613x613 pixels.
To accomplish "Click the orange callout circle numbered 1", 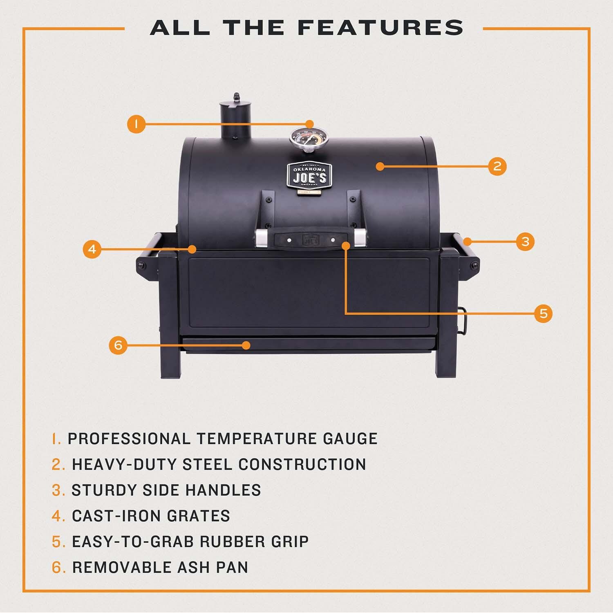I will coord(136,124).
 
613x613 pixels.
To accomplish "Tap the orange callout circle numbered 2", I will coord(497,166).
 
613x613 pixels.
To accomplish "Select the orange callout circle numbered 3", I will coord(525,242).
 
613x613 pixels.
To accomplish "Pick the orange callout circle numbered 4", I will coord(92,249).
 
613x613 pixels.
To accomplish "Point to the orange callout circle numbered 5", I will coord(543,313).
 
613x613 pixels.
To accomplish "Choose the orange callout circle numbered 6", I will coord(118,345).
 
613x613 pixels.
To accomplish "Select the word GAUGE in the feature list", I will coord(350,438).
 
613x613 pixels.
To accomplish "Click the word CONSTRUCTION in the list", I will coord(302,465).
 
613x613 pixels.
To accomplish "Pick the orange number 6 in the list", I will coord(58,568).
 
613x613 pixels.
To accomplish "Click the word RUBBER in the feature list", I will coord(232,542).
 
